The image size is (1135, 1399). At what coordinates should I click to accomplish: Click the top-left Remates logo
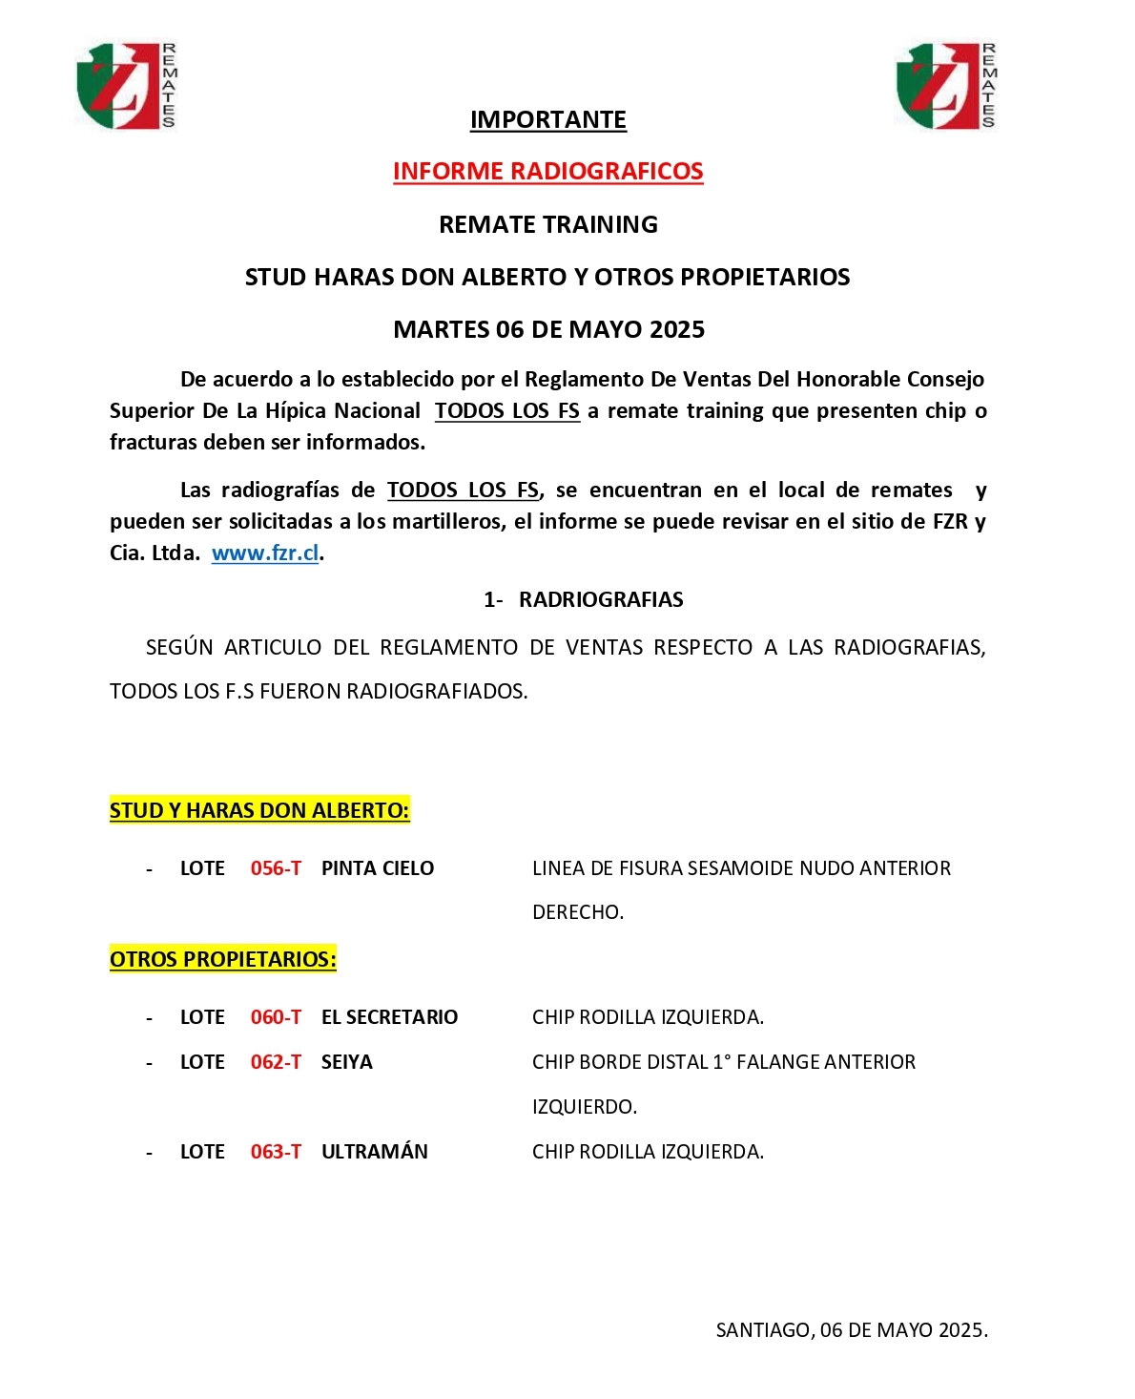click(x=125, y=86)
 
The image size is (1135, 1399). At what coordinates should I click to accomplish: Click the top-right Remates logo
click(x=945, y=86)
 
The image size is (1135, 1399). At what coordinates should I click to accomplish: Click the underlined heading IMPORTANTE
click(x=547, y=120)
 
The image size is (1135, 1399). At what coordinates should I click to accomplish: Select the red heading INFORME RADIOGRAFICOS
click(x=547, y=172)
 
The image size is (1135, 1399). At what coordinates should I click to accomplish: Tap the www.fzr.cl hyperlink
click(x=265, y=553)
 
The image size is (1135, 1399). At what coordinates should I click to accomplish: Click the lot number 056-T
click(x=276, y=868)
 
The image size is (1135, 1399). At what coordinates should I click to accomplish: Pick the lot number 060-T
click(x=276, y=1017)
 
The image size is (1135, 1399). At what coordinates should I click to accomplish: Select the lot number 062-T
click(x=276, y=1062)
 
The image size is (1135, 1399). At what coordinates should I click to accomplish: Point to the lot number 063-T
click(x=276, y=1152)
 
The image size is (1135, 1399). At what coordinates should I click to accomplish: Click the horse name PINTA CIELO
click(x=378, y=868)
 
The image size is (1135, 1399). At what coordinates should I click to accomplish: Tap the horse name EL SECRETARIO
click(x=389, y=1017)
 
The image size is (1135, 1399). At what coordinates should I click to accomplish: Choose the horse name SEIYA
click(x=347, y=1062)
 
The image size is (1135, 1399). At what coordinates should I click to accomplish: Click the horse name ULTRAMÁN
click(x=375, y=1152)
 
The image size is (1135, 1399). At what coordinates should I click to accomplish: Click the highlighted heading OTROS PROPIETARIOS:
click(x=223, y=959)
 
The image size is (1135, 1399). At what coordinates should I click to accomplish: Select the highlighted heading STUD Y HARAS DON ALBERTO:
click(x=259, y=810)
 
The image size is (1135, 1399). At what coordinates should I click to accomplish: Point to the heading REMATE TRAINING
click(x=547, y=224)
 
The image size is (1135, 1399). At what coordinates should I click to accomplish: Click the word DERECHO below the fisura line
click(x=577, y=912)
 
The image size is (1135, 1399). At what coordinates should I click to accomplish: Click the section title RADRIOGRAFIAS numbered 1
click(x=601, y=599)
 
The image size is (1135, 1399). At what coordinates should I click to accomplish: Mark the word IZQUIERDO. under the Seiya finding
click(x=584, y=1107)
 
